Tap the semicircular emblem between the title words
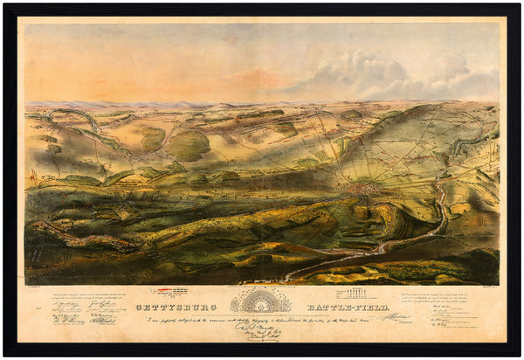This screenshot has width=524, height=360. point(259,301)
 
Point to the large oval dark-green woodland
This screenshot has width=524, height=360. point(188,144)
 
